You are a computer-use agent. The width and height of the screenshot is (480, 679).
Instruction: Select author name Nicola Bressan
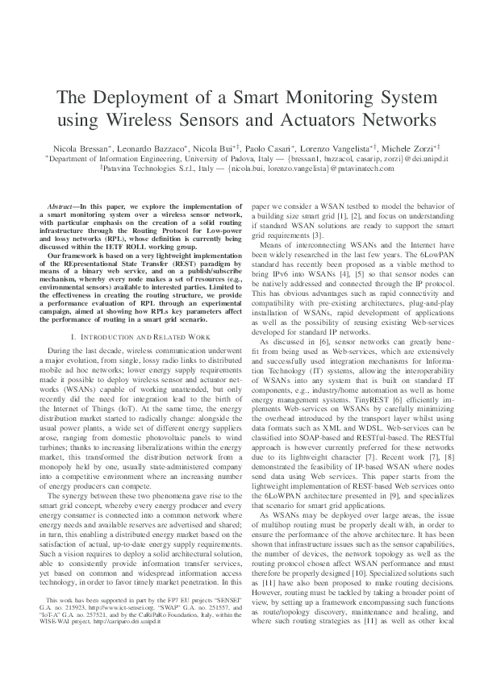[79, 150]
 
